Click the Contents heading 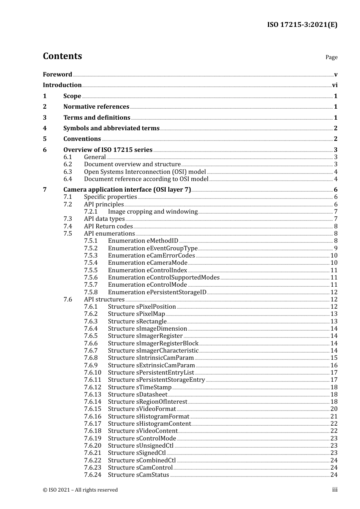[62, 56]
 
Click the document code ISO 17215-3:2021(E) [302, 25]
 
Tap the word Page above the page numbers [331, 57]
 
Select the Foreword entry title [57, 74]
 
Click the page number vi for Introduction [335, 85]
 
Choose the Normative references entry [96, 107]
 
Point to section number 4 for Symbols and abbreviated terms [45, 128]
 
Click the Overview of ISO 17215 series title [108, 150]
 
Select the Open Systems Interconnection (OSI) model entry [145, 172]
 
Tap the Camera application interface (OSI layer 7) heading [127, 190]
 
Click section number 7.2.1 [91, 212]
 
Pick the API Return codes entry [108, 226]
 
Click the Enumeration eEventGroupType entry [153, 248]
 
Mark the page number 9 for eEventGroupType [336, 248]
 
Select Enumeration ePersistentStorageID [157, 292]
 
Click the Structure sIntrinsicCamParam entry [151, 358]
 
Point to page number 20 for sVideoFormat [334, 409]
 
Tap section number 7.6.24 [92, 475]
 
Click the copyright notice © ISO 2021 [80, 490]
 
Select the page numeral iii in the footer [335, 490]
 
